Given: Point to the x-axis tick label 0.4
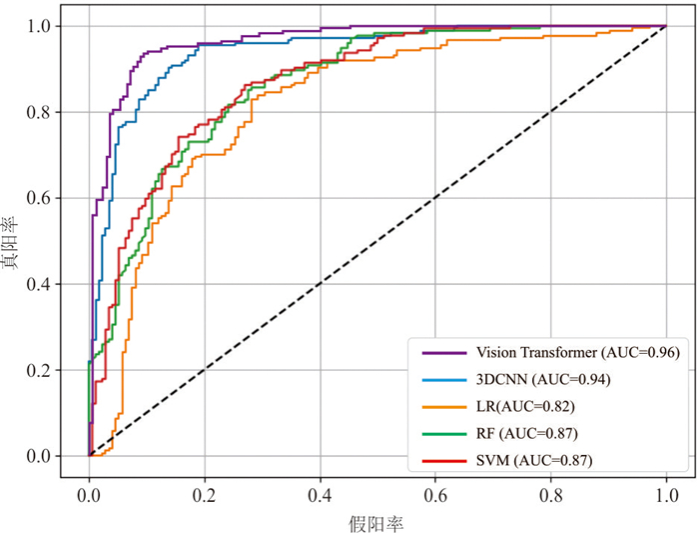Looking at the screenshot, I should (x=320, y=494).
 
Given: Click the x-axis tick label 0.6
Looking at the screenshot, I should (x=435, y=494).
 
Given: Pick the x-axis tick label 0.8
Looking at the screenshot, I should (x=550, y=494).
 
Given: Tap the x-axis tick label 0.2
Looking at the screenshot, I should (x=205, y=494).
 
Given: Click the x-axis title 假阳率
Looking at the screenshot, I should (x=377, y=521).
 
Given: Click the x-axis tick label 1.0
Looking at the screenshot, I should (x=666, y=494).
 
